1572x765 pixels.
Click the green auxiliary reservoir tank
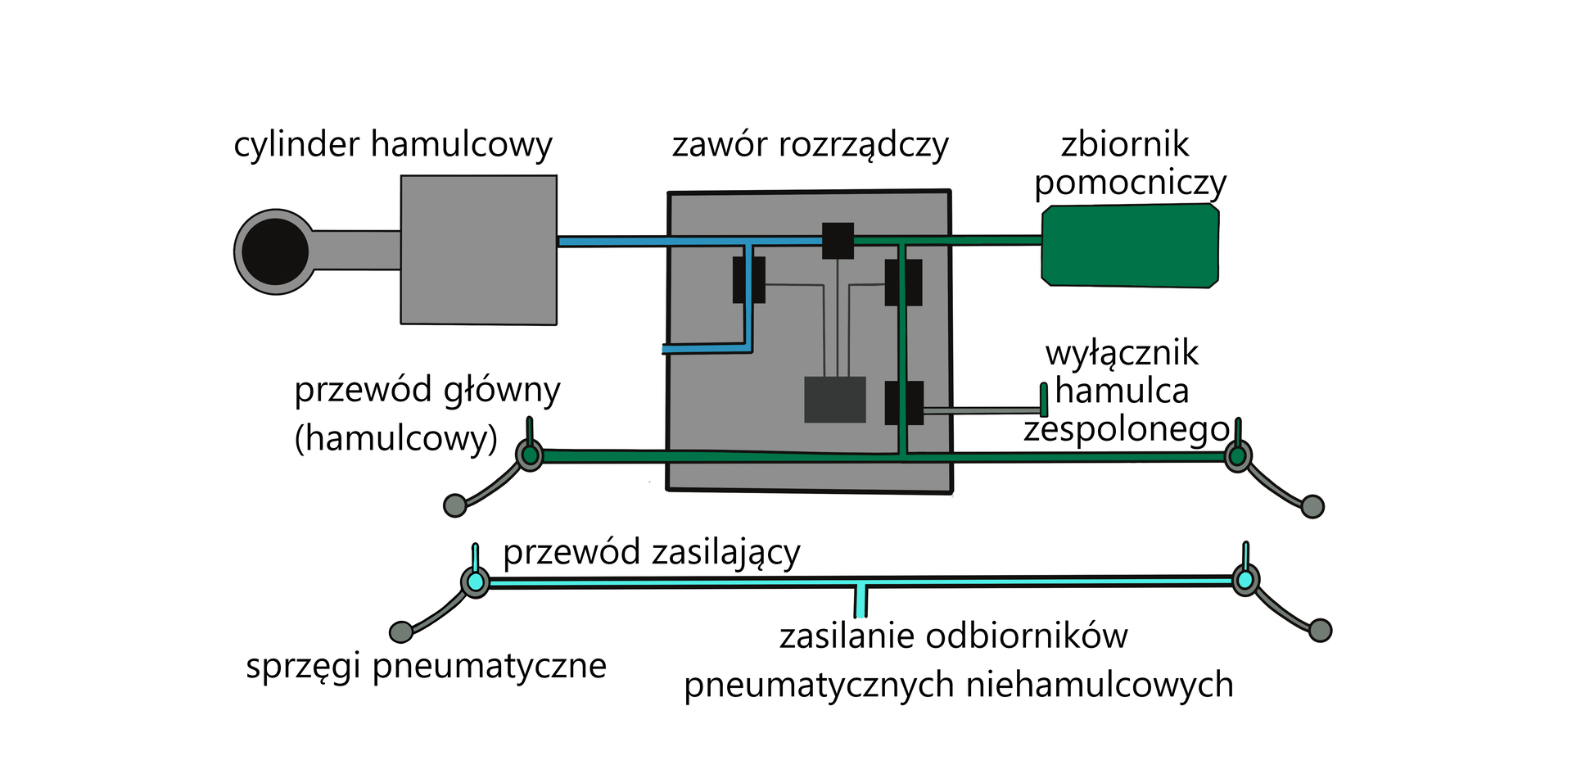click(1130, 246)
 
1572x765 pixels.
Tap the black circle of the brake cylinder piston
click(275, 251)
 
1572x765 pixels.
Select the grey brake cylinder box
click(478, 250)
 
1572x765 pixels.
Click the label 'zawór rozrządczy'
click(810, 145)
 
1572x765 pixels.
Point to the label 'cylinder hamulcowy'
click(393, 145)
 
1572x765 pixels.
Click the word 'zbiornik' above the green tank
click(1125, 145)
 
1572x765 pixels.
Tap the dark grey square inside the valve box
click(834, 400)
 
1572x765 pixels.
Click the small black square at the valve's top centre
click(838, 240)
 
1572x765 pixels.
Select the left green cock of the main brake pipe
click(530, 455)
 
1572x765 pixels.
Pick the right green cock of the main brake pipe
click(1238, 455)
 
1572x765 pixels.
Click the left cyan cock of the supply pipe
click(475, 582)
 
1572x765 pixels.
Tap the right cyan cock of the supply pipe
click(1245, 580)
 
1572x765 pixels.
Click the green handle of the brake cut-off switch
click(1044, 400)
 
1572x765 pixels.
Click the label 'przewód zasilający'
click(651, 553)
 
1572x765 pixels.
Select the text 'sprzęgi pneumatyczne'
click(426, 666)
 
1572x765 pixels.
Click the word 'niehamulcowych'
click(1100, 685)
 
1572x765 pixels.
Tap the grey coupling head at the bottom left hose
click(401, 632)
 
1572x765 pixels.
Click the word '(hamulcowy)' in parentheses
click(395, 439)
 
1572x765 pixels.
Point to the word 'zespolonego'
click(1126, 429)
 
